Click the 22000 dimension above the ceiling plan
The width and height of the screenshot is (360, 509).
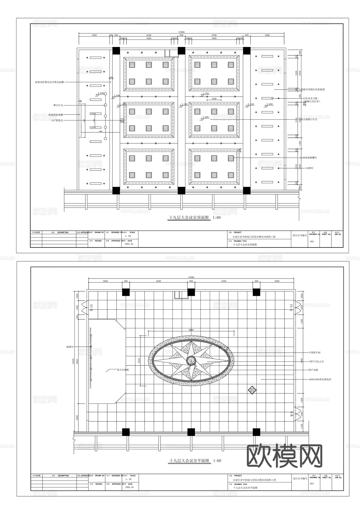pyautogui.click(x=181, y=32)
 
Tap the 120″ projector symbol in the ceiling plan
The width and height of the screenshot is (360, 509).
pyautogui.click(x=122, y=121)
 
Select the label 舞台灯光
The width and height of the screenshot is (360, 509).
pyautogui.click(x=58, y=105)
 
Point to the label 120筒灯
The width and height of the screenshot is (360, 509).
pyautogui.click(x=309, y=168)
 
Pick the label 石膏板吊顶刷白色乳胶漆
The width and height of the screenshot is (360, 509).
pyautogui.click(x=312, y=89)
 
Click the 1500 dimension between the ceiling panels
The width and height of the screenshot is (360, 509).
pyautogui.click(x=214, y=99)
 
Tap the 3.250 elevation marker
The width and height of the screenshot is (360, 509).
pyautogui.click(x=205, y=93)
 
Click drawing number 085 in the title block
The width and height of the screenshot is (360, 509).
pyautogui.click(x=312, y=241)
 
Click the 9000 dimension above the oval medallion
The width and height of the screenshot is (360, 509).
pyautogui.click(x=191, y=330)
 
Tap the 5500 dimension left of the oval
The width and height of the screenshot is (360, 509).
pyautogui.click(x=139, y=361)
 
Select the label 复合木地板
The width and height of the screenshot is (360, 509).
pyautogui.click(x=123, y=370)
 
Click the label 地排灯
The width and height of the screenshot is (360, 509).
pyautogui.click(x=70, y=347)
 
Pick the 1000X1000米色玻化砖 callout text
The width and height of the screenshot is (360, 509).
pyautogui.click(x=320, y=379)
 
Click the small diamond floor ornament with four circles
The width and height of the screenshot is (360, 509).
pyautogui.click(x=252, y=390)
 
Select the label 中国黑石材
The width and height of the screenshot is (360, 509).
pyautogui.click(x=315, y=353)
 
